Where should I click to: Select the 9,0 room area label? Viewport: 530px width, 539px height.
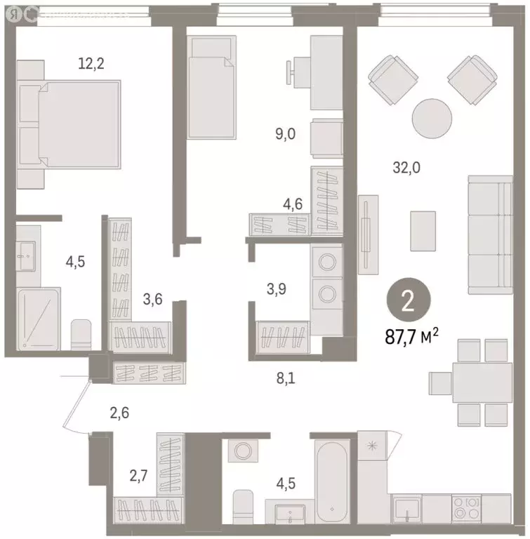click(x=284, y=133)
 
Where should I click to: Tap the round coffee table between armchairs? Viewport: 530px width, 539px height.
click(x=430, y=118)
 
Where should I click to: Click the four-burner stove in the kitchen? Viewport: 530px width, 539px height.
click(x=465, y=507)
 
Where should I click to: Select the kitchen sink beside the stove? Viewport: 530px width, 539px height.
click(x=406, y=507)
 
